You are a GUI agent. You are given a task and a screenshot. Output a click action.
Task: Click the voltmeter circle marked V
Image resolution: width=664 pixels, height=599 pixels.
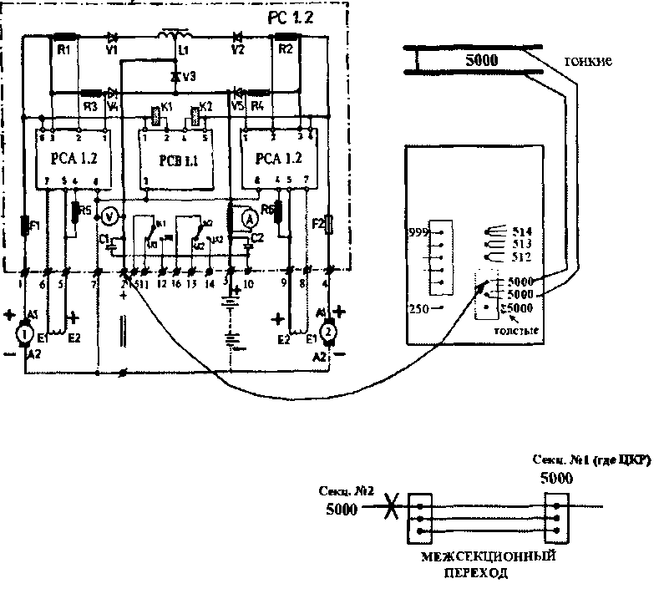108,215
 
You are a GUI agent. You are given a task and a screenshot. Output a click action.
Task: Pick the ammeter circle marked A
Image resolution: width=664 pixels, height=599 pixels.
247,215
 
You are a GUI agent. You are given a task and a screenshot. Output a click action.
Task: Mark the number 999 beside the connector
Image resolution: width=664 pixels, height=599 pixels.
417,231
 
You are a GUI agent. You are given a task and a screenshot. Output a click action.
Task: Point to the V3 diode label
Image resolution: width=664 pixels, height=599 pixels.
190,77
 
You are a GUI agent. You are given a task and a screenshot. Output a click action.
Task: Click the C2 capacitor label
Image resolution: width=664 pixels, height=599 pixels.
257,237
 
